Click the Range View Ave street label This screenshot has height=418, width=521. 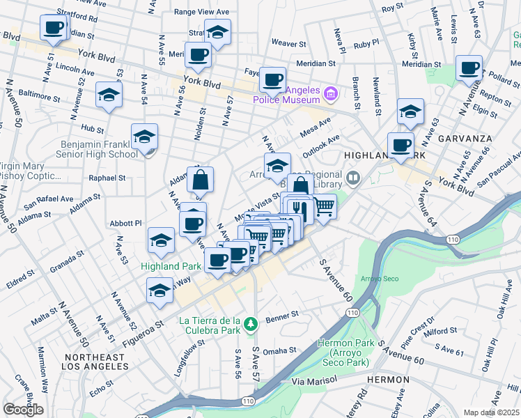pyautogui.click(x=201, y=12)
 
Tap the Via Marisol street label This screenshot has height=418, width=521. pyautogui.click(x=313, y=380)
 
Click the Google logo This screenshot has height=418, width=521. pyautogui.click(x=23, y=410)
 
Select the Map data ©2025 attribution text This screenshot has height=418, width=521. pyautogui.click(x=491, y=412)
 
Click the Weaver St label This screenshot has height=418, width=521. pyautogui.click(x=288, y=43)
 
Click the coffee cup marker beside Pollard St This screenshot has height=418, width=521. pyautogui.click(x=469, y=68)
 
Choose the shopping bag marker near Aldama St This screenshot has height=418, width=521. pyautogui.click(x=200, y=180)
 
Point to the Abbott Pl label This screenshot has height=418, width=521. pyautogui.click(x=126, y=223)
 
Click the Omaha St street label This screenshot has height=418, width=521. pyautogui.click(x=279, y=350)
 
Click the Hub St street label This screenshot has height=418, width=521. pyautogui.click(x=92, y=128)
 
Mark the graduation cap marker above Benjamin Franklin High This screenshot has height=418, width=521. pyautogui.click(x=145, y=136)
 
